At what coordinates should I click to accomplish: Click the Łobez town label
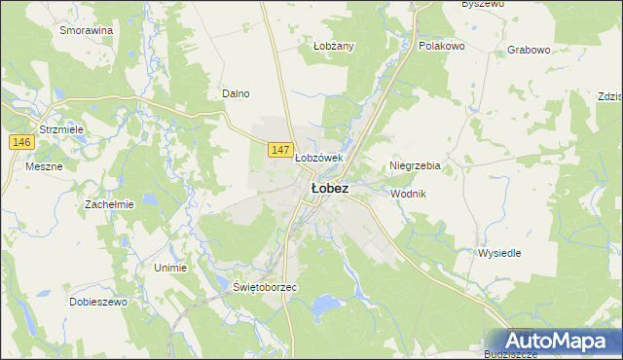click(329, 188)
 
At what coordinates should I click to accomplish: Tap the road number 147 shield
click(279, 149)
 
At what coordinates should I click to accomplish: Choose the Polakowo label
click(441, 46)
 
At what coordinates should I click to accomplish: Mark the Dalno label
click(237, 93)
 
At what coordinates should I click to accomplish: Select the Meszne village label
click(44, 166)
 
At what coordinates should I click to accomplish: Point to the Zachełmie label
click(108, 204)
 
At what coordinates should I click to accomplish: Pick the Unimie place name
click(170, 267)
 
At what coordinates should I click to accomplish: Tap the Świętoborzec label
click(265, 289)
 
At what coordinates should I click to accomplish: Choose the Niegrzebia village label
click(415, 165)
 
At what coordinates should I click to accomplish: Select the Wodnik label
click(408, 194)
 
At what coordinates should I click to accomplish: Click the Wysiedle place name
click(499, 253)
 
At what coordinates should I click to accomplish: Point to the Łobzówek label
click(319, 158)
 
